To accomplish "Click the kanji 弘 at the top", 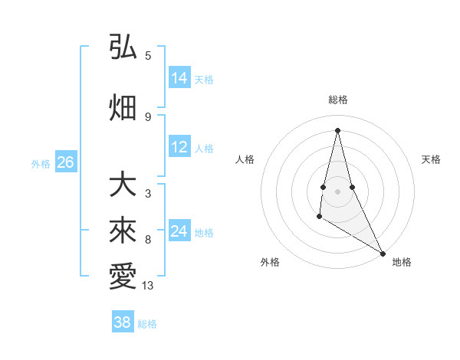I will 123,47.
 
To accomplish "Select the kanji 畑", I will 123,107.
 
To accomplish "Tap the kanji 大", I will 123,185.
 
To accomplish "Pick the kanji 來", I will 123,231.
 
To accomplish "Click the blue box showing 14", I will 179,78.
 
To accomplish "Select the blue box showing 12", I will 179,148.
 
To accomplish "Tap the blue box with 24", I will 179,231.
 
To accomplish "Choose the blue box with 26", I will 65,162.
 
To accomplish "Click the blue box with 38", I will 123,322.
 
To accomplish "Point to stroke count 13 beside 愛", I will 148,286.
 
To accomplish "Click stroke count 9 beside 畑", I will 148,116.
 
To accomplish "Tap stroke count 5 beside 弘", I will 148,55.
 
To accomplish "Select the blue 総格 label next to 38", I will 147,323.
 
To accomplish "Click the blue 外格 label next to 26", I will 41,163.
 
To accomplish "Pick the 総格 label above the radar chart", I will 337,100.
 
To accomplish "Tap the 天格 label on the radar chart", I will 431,159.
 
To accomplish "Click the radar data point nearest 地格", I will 383,254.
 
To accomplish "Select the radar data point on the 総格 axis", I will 337,129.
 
